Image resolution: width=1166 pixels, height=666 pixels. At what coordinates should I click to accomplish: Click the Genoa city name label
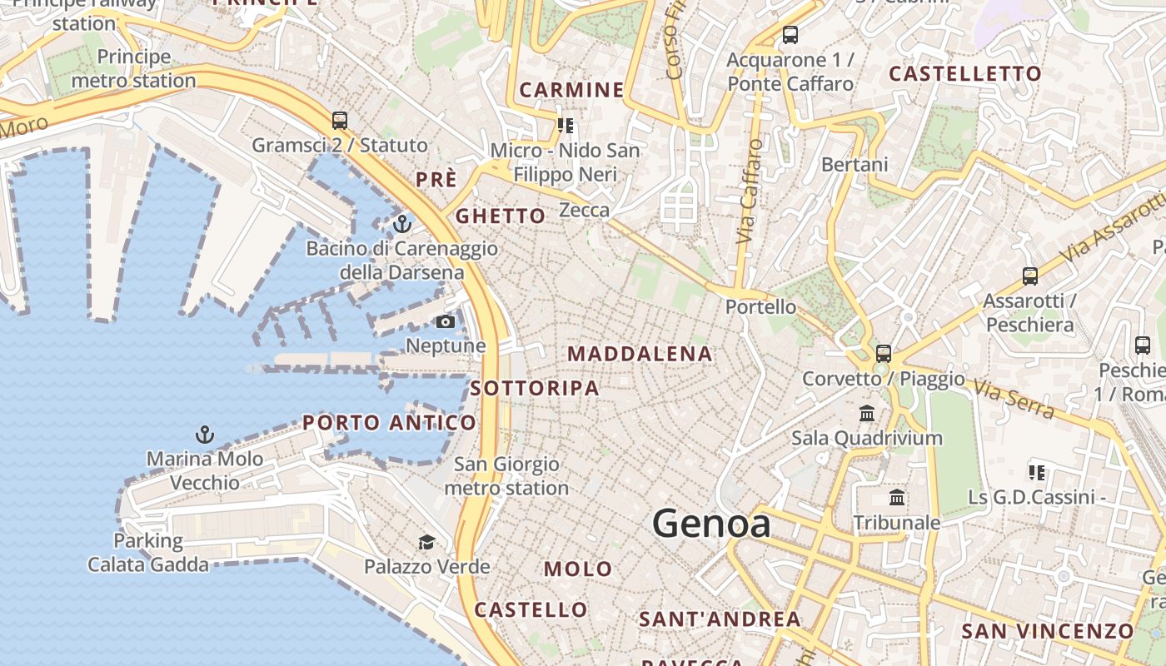(x=711, y=524)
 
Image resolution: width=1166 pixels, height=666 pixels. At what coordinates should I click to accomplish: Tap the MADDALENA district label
(x=640, y=354)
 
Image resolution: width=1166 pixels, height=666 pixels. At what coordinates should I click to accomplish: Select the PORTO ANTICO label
(x=389, y=423)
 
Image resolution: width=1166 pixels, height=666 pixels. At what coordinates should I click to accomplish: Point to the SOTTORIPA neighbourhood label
(x=535, y=388)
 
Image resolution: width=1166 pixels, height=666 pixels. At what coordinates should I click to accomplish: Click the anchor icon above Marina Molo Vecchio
(x=204, y=434)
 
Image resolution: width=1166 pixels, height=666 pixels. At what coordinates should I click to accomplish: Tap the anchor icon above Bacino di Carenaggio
(x=402, y=223)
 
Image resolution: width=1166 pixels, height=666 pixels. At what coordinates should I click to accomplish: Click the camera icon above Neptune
(x=446, y=321)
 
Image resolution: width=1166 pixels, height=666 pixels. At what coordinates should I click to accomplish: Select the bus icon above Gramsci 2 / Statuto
(x=339, y=120)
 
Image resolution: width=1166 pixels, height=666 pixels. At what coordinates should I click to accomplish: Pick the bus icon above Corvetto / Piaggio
(x=884, y=353)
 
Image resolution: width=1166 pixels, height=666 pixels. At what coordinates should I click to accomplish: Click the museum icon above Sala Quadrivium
(x=867, y=413)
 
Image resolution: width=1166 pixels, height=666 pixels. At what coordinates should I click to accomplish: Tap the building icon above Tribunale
(x=897, y=498)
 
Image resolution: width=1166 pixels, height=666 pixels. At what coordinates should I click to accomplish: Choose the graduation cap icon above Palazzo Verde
(x=426, y=543)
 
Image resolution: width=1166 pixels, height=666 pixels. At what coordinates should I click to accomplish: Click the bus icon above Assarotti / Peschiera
(x=1030, y=276)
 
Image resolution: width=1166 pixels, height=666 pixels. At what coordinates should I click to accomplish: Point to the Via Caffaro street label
(x=750, y=191)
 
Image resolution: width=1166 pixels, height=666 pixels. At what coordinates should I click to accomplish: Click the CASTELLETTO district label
(x=965, y=74)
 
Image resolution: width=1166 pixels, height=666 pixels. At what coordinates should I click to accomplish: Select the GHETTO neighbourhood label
(x=501, y=216)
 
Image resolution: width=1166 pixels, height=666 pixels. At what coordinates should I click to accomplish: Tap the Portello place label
(x=760, y=306)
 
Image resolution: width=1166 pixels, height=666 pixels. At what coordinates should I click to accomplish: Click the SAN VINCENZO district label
(x=1048, y=631)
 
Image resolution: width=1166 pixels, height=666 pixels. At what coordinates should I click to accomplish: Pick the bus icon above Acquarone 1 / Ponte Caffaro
(x=790, y=35)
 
